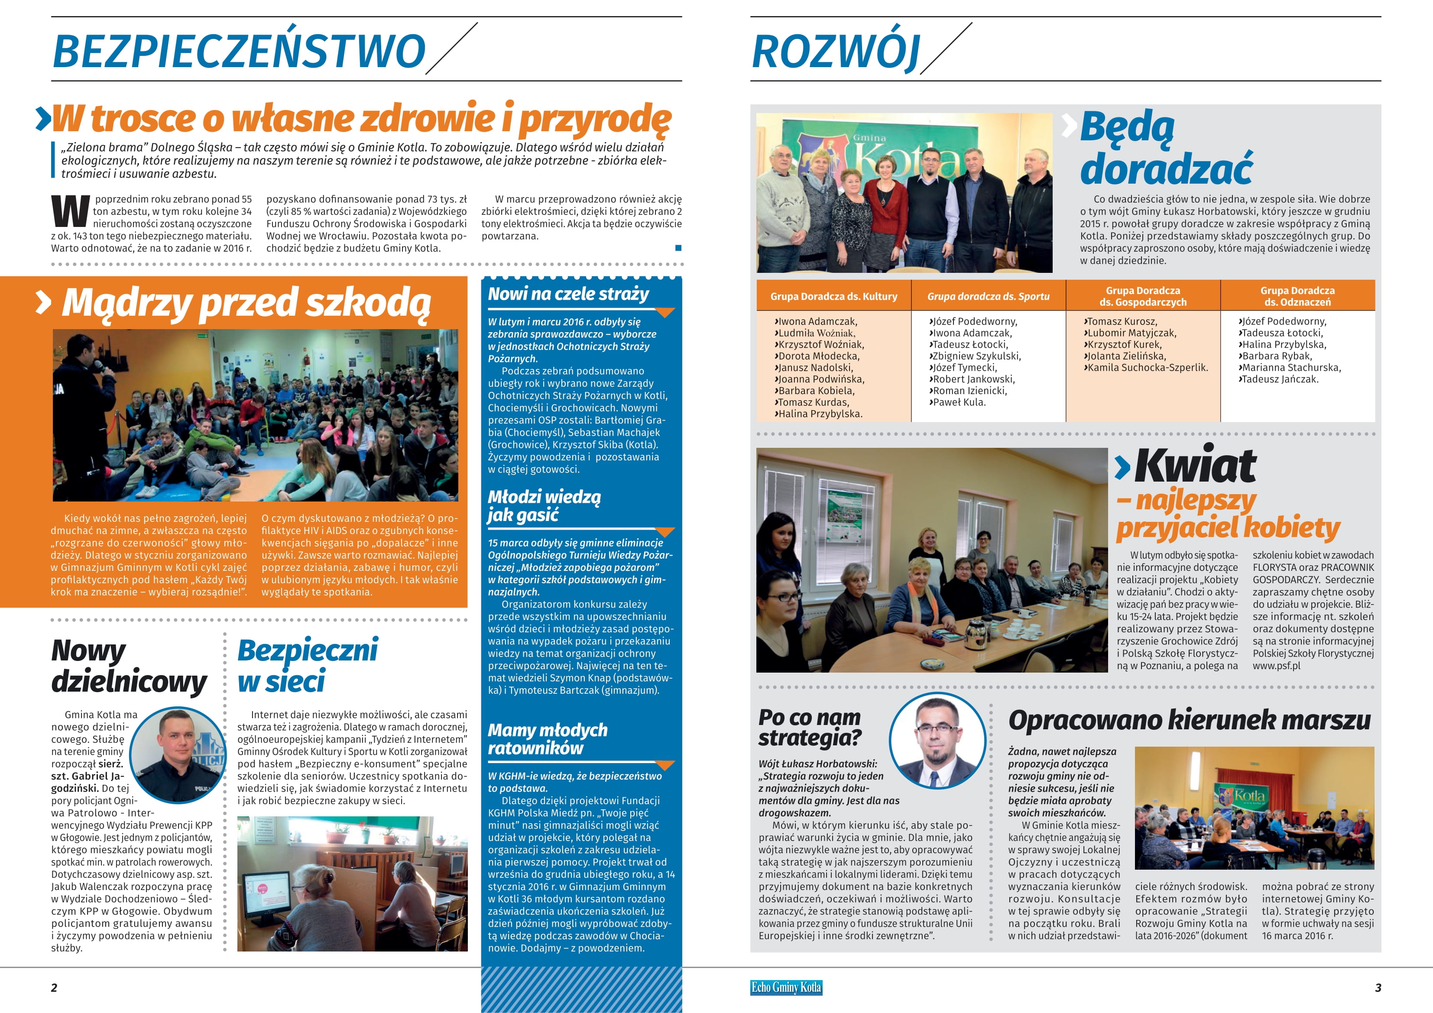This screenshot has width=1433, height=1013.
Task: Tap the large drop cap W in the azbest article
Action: (x=70, y=212)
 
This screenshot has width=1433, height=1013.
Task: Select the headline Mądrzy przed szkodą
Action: (x=246, y=303)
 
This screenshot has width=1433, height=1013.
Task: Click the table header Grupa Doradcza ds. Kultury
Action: (x=833, y=297)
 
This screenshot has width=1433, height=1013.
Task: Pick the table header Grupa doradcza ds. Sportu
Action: (x=988, y=297)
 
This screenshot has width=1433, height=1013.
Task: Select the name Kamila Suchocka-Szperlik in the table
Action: (x=1147, y=368)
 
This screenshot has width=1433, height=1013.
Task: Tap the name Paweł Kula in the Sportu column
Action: (x=959, y=403)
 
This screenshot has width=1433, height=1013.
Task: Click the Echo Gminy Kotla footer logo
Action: (x=786, y=987)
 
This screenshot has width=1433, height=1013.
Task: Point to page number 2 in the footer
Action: (x=54, y=987)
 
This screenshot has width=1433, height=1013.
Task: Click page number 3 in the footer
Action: (x=1378, y=987)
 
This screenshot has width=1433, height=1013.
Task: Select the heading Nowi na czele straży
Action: (x=569, y=294)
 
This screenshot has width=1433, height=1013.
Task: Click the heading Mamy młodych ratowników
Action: (x=548, y=739)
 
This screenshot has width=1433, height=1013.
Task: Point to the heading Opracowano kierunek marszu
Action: (x=1190, y=720)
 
